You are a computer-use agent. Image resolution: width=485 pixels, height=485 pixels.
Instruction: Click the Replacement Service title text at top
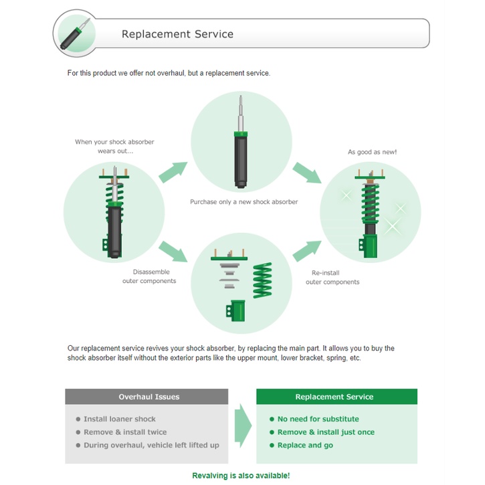[177, 34]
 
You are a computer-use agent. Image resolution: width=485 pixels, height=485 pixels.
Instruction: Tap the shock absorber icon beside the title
[76, 33]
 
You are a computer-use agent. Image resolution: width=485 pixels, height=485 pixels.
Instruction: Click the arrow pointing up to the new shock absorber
[173, 172]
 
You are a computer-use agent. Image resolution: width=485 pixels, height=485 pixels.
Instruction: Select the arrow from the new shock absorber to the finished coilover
[307, 173]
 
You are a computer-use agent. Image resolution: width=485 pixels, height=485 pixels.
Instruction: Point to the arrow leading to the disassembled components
[173, 251]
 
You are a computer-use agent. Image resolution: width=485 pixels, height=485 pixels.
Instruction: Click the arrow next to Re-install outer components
[307, 251]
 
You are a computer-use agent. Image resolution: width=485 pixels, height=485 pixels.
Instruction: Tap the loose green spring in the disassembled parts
[262, 280]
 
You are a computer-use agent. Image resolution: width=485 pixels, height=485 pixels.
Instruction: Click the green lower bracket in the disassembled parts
[235, 310]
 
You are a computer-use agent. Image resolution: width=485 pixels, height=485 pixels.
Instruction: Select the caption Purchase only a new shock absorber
[244, 202]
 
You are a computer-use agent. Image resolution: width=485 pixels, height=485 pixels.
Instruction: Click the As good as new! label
[372, 152]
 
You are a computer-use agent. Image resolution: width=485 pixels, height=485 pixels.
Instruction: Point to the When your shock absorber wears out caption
[115, 147]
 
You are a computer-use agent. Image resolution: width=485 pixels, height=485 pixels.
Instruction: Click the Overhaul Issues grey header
[147, 397]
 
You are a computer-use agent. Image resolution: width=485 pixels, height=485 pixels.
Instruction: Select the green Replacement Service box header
[336, 397]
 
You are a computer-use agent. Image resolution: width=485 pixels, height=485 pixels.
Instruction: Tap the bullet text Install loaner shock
[119, 419]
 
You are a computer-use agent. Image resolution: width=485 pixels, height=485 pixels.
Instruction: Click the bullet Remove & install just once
[326, 432]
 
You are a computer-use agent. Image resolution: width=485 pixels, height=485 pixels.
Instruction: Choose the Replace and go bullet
[305, 445]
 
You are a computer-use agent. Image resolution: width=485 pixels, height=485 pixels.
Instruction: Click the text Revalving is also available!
[241, 476]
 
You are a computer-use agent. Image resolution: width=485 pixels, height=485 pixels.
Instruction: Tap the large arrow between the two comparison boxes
[243, 425]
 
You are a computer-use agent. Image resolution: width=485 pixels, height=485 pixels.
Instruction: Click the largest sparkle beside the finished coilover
[392, 225]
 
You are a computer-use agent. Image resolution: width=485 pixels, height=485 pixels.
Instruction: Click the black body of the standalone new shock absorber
[241, 161]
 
